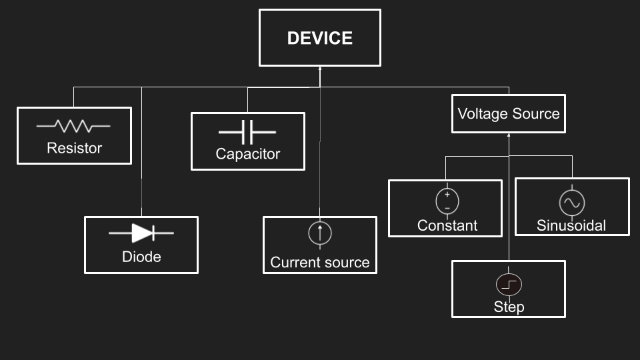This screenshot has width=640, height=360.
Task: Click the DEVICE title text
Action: click(x=320, y=38)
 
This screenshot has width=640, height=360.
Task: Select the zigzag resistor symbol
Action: click(x=73, y=125)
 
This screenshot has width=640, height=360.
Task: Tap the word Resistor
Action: click(x=74, y=148)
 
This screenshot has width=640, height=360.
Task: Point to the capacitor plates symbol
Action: click(x=247, y=131)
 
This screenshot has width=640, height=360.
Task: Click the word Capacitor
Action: click(x=247, y=154)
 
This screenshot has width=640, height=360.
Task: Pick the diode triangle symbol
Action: click(x=142, y=233)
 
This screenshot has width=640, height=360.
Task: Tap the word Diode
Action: click(x=141, y=256)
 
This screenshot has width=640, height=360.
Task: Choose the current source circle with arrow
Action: click(x=320, y=233)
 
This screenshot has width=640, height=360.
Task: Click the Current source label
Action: click(x=320, y=263)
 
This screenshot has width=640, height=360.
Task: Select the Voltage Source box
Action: click(x=508, y=113)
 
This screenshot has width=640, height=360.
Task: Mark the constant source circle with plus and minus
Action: click(x=447, y=201)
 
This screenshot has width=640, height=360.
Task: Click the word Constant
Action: click(x=447, y=225)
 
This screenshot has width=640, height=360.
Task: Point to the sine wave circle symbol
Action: click(x=571, y=202)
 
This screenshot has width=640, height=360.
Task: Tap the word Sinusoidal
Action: click(x=571, y=225)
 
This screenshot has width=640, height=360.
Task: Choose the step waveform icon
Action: click(x=509, y=285)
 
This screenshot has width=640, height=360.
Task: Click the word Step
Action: click(x=509, y=307)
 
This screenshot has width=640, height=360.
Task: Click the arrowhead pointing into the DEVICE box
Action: click(x=320, y=69)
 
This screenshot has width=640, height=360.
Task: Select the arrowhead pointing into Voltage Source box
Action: click(x=509, y=135)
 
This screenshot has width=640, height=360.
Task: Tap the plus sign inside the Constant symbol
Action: click(x=447, y=195)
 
